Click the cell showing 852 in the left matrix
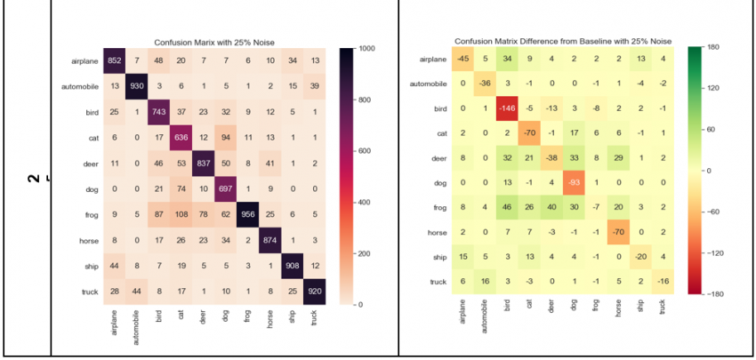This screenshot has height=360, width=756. pos(115,60)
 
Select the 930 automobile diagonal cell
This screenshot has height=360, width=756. pos(138,84)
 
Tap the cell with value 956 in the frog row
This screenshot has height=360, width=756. pos(249,212)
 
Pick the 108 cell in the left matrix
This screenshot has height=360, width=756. pos(182,212)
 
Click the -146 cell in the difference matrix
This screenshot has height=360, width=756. pos(506,109)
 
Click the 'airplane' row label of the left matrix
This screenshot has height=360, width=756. pos(80,60)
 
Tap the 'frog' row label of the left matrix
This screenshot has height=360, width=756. pos(87,212)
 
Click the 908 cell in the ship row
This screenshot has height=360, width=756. pos(294,263)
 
